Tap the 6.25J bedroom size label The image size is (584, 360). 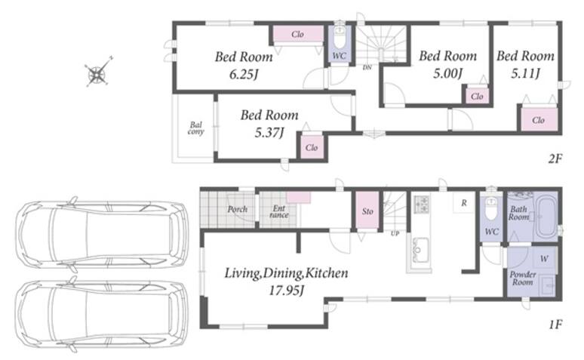click(244, 75)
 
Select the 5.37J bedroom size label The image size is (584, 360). click(269, 132)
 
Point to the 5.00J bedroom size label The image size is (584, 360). click(447, 73)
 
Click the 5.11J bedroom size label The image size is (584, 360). click(525, 73)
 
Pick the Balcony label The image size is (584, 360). click(196, 128)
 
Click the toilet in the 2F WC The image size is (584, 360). click(340, 36)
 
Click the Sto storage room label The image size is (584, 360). click(367, 211)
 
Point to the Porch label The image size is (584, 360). click(237, 209)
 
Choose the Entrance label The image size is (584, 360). click(279, 211)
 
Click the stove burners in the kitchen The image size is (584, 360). click(422, 204)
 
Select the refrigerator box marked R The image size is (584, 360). click(464, 203)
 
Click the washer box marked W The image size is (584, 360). click(544, 258)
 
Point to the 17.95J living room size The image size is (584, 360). click(287, 291)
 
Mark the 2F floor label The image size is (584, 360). click(555, 159)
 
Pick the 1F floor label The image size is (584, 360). click(555, 325)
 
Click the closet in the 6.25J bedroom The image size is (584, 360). click(297, 34)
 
